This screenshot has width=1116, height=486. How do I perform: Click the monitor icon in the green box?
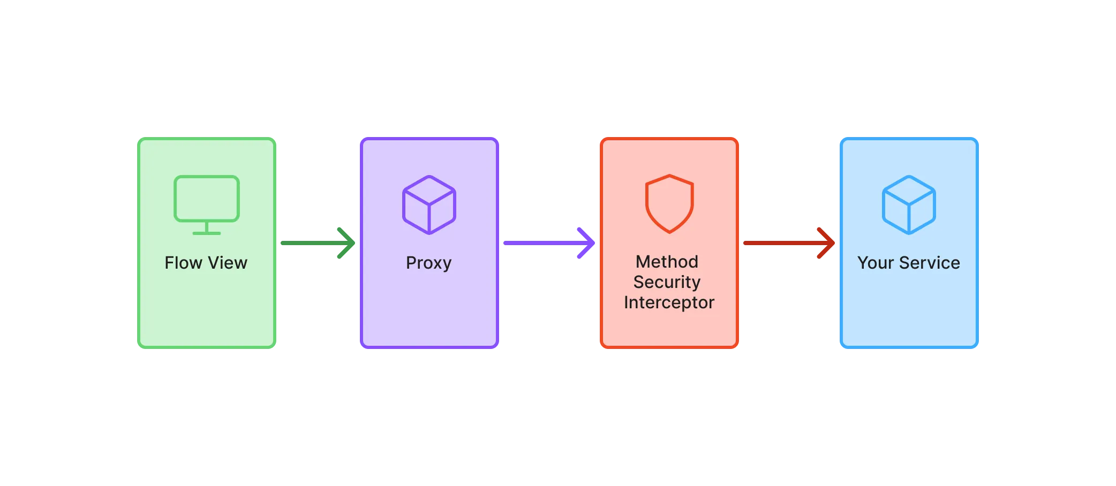pyautogui.click(x=206, y=199)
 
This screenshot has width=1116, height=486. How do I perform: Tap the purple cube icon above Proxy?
pyautogui.click(x=429, y=204)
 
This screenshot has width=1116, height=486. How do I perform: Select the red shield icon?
pyautogui.click(x=669, y=203)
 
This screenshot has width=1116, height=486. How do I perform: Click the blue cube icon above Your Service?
pyautogui.click(x=909, y=204)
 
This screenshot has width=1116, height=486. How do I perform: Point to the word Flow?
pyautogui.click(x=183, y=263)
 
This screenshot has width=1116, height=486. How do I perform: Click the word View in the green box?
pyautogui.click(x=228, y=263)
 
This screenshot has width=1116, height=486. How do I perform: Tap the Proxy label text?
pyautogui.click(x=428, y=263)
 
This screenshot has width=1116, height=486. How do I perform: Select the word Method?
pyautogui.click(x=667, y=262)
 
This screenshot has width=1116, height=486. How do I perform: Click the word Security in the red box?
pyautogui.click(x=667, y=282)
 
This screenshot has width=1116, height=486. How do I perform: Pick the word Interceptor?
pyautogui.click(x=669, y=303)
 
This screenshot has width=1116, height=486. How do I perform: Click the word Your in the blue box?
pyautogui.click(x=876, y=263)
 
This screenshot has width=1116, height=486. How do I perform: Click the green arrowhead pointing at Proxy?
pyautogui.click(x=347, y=244)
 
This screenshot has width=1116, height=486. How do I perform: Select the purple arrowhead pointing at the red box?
pyautogui.click(x=587, y=244)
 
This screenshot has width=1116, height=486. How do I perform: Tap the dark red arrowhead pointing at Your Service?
pyautogui.click(x=827, y=244)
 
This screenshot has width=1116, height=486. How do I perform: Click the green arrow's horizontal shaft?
pyautogui.click(x=308, y=244)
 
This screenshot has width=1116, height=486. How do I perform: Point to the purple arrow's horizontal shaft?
pyautogui.click(x=536, y=244)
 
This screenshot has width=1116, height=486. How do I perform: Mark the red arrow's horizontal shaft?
pyautogui.click(x=776, y=244)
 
